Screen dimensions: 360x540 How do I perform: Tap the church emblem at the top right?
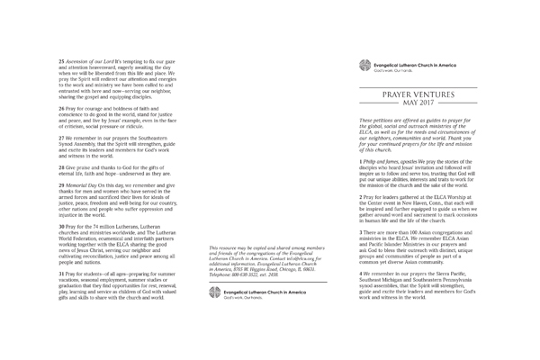pos(364,64)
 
